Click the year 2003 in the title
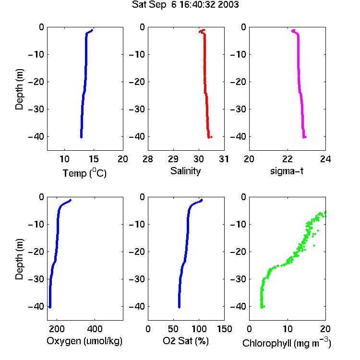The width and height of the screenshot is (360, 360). (228, 5)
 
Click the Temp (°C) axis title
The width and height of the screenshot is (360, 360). (84, 173)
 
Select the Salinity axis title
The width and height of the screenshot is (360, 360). (185, 171)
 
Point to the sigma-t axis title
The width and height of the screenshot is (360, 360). (287, 171)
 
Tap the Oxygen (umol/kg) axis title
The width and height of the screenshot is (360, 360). (84, 341)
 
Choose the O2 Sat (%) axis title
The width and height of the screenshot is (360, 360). (186, 341)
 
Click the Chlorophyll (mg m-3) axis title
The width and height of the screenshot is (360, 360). (287, 343)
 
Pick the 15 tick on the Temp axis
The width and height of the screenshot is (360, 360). (94, 159)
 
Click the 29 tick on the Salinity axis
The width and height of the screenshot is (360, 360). (173, 159)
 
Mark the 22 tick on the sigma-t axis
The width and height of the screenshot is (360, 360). (287, 159)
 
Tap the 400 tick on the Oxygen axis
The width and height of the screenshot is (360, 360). (95, 329)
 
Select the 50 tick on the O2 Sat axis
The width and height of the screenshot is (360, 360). (173, 329)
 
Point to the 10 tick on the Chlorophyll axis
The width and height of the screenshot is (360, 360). (287, 329)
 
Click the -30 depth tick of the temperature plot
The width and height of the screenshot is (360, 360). (36, 109)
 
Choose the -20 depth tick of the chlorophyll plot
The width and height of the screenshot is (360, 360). (238, 252)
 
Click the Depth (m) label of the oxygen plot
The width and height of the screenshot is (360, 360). (19, 259)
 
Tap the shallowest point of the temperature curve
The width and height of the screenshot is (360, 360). (92, 30)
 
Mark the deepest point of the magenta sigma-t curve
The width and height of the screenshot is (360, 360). (304, 137)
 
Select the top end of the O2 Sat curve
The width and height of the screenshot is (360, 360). (202, 200)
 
